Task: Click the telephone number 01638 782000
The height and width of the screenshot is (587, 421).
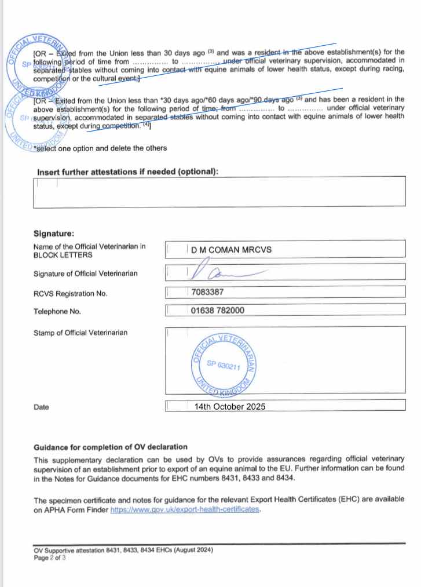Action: [217, 311]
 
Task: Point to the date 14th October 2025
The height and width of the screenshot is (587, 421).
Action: [230, 407]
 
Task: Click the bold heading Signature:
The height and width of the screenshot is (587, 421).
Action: [54, 234]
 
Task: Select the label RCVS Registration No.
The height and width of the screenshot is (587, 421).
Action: [71, 294]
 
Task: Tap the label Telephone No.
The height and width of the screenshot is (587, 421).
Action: [57, 312]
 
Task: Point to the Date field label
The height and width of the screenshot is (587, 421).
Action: [41, 407]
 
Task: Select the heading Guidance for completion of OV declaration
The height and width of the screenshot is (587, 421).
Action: [111, 447]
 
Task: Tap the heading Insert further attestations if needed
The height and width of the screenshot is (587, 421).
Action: [127, 172]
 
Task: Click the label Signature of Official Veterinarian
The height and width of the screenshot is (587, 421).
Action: [86, 274]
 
